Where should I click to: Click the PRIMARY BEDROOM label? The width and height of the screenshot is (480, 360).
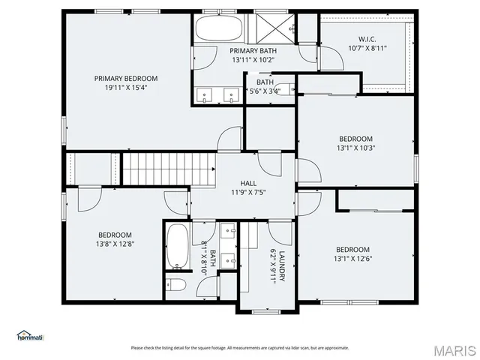(125, 78)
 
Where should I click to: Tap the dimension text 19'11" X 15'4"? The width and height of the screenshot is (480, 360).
(125, 88)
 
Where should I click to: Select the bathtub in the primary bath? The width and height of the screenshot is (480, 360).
(218, 31)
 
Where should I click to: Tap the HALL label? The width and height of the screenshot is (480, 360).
(248, 182)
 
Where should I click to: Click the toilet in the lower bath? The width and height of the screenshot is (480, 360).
(177, 286)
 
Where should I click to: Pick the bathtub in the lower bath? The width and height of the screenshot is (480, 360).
(178, 247)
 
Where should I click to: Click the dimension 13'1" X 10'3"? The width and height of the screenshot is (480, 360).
(355, 148)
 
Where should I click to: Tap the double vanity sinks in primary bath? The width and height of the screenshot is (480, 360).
(217, 94)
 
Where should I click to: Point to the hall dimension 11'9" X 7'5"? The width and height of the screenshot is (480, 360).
(248, 192)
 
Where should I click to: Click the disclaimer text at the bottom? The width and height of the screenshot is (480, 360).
(240, 347)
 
